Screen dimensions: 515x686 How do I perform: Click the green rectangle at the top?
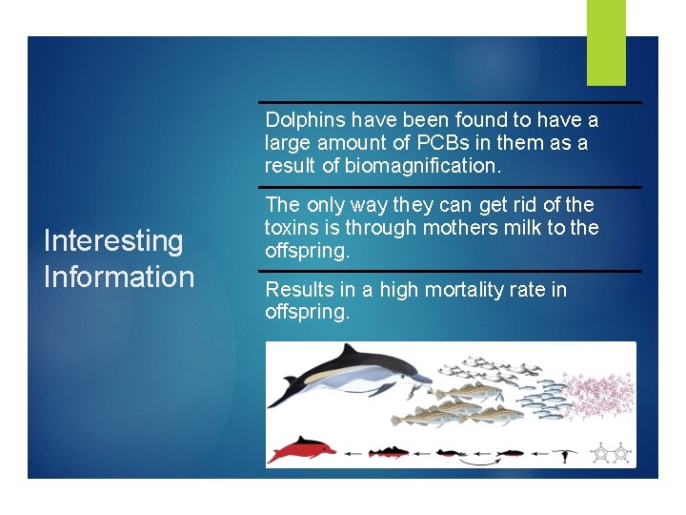pyautogui.click(x=606, y=42)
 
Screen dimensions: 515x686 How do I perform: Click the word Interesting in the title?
pyautogui.click(x=113, y=241)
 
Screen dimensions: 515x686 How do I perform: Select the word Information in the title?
pyautogui.click(x=119, y=278)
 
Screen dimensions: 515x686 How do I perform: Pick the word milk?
pyautogui.click(x=520, y=228)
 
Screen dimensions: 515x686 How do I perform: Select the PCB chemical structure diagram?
pyautogui.click(x=611, y=454)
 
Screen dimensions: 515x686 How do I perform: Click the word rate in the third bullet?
pyautogui.click(x=529, y=289)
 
